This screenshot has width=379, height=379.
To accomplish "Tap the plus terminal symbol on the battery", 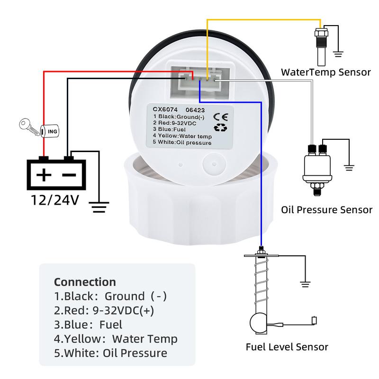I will point(44,175).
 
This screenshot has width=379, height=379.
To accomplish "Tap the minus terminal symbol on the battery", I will point(69,175).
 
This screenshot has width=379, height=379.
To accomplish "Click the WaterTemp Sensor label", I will point(326,72).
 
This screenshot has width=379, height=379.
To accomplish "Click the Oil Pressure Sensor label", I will point(326,209).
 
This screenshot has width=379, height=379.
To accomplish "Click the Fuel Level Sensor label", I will point(287,347).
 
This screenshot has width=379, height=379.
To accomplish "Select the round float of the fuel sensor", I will point(258,323).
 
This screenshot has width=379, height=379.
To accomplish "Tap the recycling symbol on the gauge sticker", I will point(221,127).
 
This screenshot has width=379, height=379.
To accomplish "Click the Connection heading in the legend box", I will point(85,282).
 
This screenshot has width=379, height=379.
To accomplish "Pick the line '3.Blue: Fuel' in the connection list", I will point(88,325).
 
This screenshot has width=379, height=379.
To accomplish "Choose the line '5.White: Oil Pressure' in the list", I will point(110,353).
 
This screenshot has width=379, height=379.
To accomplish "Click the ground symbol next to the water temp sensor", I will point(337,53).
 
